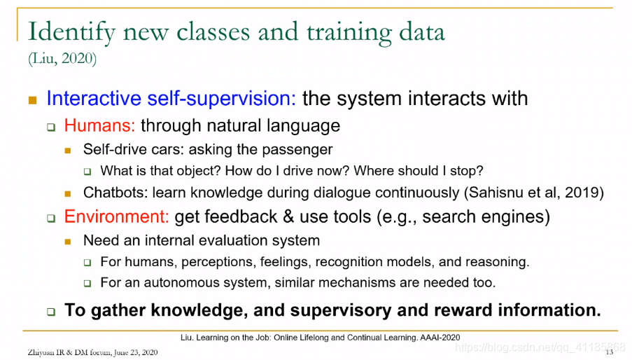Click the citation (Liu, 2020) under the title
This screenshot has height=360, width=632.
pos(62,59)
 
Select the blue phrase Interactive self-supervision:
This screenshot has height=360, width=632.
pos(171,98)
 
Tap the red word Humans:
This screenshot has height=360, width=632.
pos(99,125)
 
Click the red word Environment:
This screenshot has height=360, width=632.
pos(116,216)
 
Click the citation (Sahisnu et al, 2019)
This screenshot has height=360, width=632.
pos(534,193)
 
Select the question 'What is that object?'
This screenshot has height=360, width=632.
pos(160,171)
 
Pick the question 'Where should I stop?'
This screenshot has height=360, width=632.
pos(419,171)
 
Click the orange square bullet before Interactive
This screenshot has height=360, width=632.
pos(33,100)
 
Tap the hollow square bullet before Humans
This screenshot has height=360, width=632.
pos(51,127)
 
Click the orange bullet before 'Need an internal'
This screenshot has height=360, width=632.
pos(68,242)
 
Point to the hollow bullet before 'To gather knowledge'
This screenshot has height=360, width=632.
pos(51,312)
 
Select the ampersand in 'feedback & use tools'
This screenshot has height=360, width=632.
pos(288,217)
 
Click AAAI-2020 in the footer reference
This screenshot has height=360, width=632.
pos(440,338)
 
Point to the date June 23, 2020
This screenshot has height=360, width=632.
pos(136,352)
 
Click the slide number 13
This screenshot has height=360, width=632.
pos(610,352)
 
